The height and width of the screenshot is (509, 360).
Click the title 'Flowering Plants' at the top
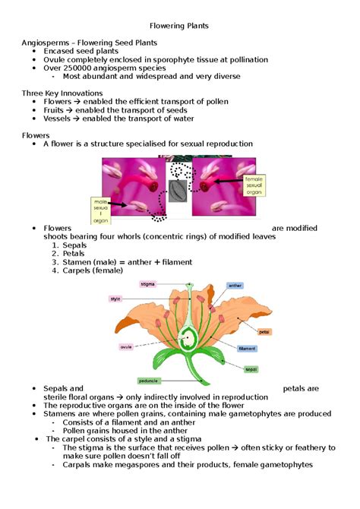click(x=179, y=26)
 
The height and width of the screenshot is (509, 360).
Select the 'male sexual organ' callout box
click(x=103, y=208)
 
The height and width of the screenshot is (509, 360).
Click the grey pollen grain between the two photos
click(x=178, y=190)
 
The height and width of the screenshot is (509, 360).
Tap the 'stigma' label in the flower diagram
click(x=147, y=284)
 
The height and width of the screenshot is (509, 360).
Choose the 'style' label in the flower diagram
click(x=116, y=299)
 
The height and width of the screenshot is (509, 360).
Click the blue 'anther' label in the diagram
click(x=235, y=286)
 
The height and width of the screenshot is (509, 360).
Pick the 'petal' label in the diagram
click(x=264, y=332)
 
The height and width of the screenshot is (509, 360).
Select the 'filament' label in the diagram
click(x=248, y=349)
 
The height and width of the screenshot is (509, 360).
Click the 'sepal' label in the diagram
click(x=251, y=369)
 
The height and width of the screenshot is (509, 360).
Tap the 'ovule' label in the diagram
click(x=126, y=347)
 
